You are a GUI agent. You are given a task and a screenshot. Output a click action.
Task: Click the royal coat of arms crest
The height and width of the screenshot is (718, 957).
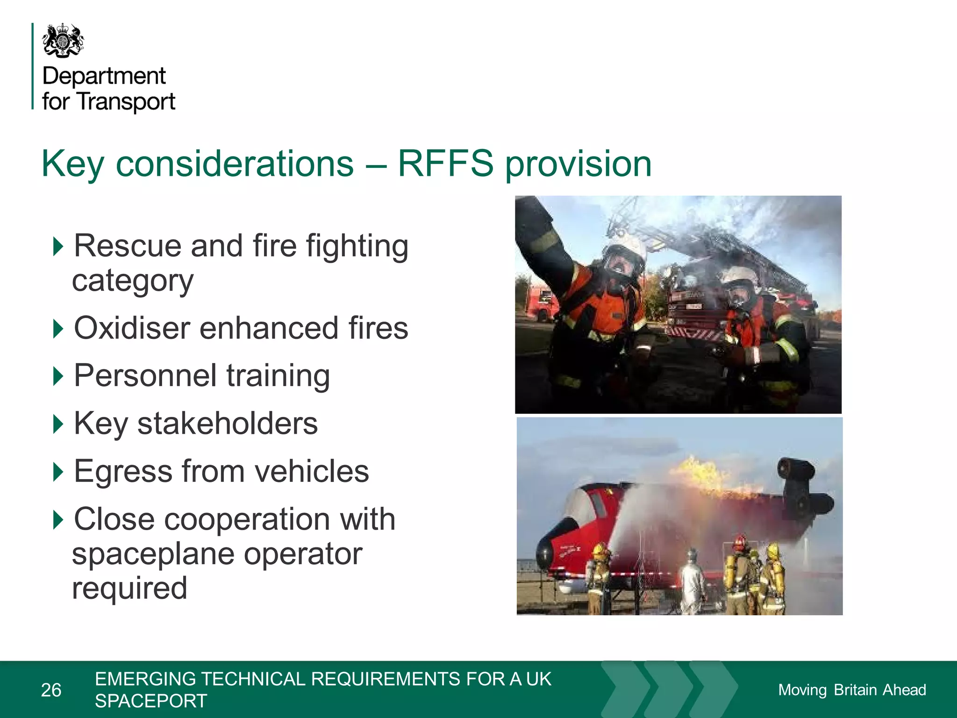coord(63,41)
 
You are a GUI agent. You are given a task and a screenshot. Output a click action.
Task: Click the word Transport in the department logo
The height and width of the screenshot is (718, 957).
coord(126,101)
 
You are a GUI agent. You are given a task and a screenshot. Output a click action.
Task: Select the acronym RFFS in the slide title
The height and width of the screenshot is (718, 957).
coord(445,164)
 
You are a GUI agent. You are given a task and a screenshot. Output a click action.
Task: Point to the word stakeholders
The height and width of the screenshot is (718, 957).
coord(227,424)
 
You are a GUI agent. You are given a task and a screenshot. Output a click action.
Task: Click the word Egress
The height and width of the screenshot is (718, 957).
coord(123,471)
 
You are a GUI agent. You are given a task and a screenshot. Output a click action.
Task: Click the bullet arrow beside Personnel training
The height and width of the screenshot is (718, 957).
coord(58,375)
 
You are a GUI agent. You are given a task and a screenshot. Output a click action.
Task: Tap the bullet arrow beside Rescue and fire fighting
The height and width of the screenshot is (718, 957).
coord(58,246)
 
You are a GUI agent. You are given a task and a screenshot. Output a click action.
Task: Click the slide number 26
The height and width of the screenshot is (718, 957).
coord(51,690)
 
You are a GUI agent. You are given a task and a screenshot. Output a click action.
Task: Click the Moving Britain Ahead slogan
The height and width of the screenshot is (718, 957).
coord(852,690)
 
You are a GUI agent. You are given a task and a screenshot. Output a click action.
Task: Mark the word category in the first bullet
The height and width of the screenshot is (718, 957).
coord(133,281)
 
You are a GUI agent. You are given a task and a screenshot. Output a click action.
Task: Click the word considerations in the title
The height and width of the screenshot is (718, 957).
coord(235,164)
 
